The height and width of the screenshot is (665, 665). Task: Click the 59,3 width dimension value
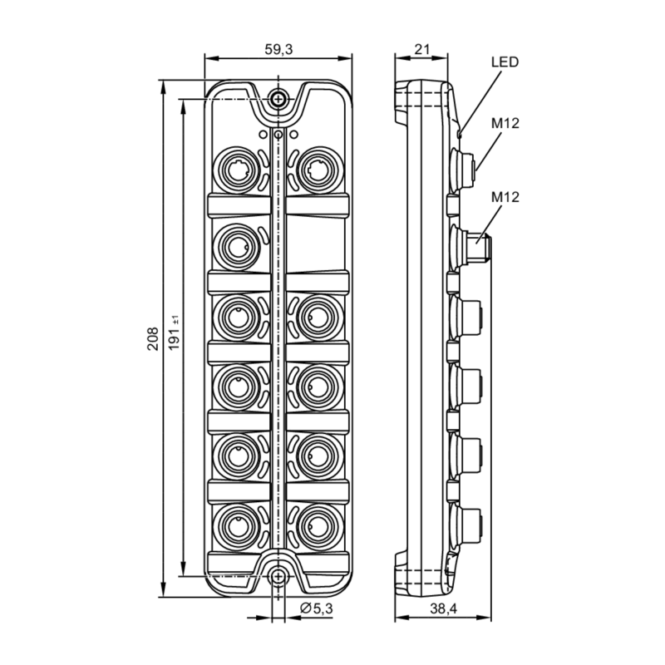pos(278,49)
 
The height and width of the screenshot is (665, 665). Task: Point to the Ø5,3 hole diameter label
pos(316,609)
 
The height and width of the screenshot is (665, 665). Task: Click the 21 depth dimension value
pos(421,49)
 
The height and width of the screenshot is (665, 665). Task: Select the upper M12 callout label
pos(505,124)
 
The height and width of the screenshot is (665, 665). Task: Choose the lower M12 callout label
pos(505,197)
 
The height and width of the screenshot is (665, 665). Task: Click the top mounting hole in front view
pos(278,99)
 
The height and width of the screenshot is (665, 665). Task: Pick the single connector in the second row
pos(238,244)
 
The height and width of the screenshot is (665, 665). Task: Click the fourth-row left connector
pos(238,384)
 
